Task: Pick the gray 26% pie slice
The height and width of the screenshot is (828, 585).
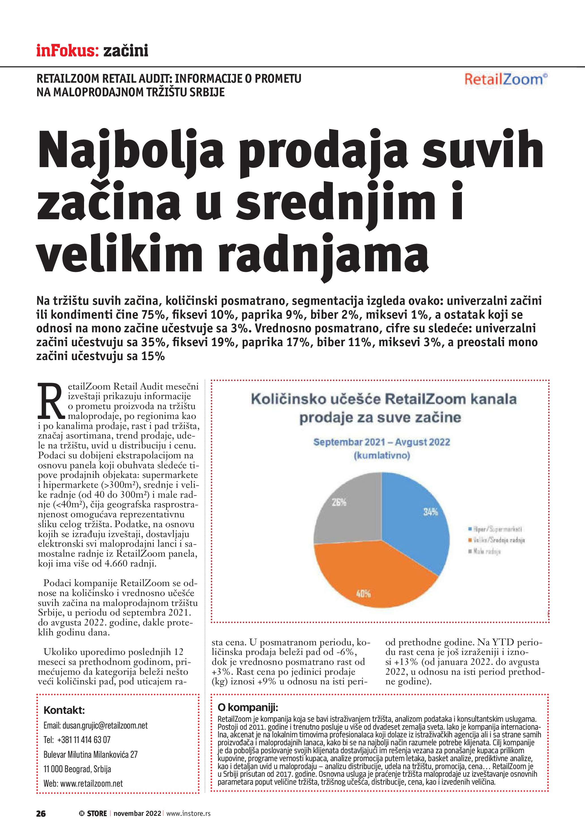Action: click(x=346, y=508)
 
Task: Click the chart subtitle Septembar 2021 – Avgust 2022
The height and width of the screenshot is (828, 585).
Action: click(x=382, y=442)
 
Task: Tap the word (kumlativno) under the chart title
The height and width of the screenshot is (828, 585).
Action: click(x=382, y=455)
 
